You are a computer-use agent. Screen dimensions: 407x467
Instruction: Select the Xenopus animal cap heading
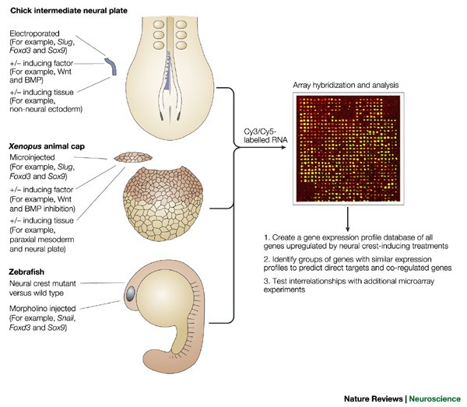[48, 146]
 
